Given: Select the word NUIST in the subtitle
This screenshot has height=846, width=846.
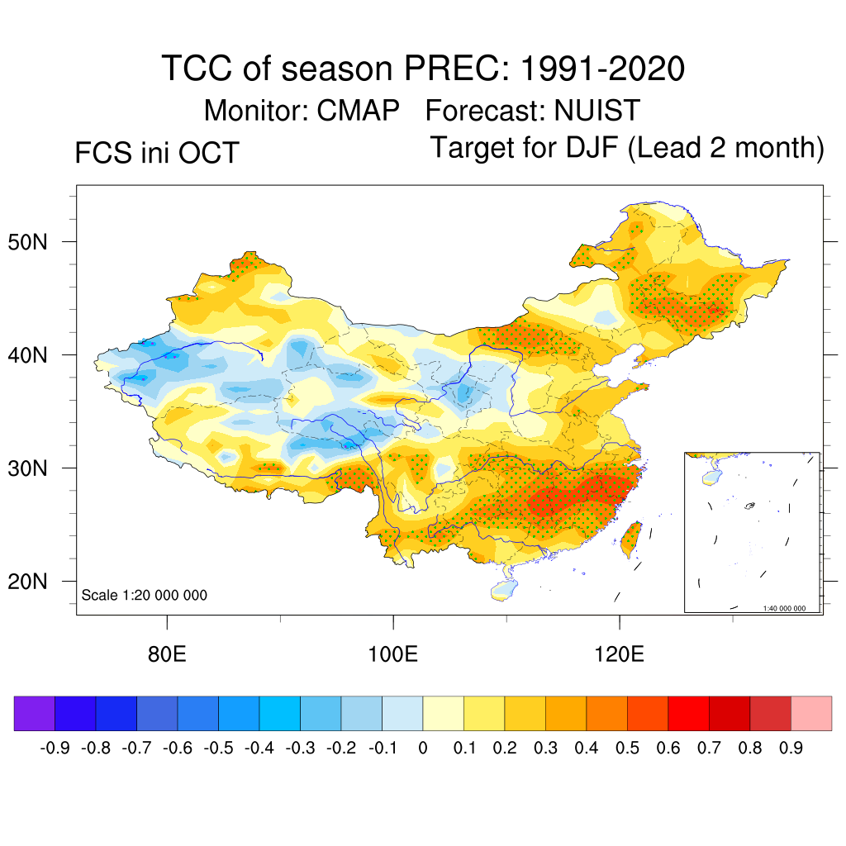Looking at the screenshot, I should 597,111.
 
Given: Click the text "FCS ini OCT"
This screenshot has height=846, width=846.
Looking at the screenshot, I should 156,153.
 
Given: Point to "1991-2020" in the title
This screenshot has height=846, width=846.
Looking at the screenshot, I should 602,69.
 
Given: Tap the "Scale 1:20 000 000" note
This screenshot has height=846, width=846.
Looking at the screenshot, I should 145,595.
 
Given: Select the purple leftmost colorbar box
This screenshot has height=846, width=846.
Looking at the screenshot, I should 35,714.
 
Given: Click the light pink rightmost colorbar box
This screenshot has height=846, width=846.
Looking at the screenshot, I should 811,714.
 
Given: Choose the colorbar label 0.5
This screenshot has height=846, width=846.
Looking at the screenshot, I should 627,749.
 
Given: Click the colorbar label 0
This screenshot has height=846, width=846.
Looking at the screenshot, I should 423,749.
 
